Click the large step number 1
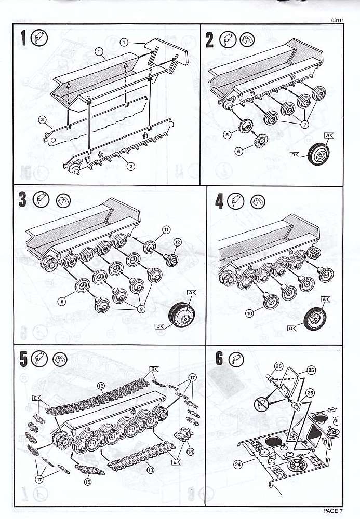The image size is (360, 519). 23,38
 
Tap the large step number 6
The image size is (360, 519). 219,359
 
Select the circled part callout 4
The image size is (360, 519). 124,42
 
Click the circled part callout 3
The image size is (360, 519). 42,120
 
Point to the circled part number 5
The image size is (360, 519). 227,135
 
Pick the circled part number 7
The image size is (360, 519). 304,124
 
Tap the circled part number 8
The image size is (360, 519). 61,301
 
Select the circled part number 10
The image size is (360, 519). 249,313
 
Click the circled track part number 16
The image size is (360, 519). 101,386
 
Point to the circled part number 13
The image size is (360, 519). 150,469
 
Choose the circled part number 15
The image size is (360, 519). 87,482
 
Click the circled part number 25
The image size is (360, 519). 311,370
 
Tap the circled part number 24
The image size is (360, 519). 238,465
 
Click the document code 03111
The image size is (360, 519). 337,20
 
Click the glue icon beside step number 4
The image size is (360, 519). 236,201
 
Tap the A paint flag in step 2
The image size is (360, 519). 329,135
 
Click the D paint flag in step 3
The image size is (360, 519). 159,326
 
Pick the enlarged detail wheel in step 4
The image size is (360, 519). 315,319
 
